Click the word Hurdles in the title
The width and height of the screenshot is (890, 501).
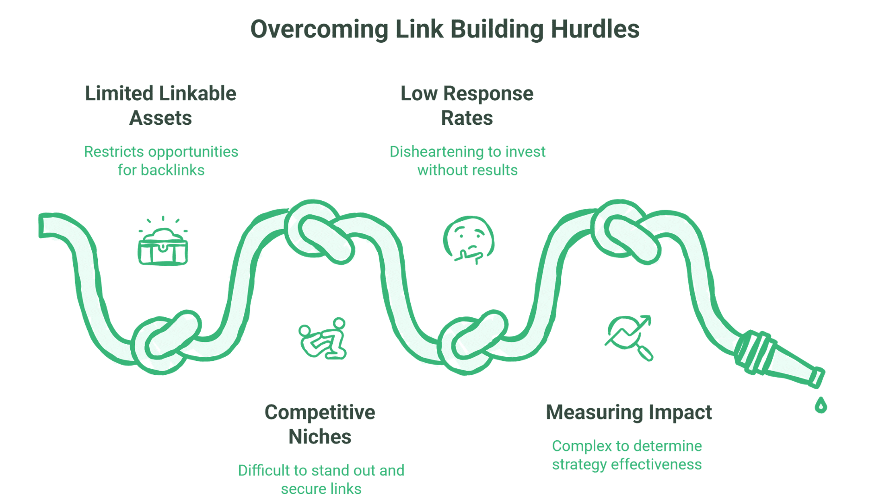click(595, 29)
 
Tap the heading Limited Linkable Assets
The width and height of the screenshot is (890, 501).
click(160, 106)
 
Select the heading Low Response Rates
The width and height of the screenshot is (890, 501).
click(467, 106)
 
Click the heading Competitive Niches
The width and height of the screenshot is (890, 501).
click(320, 424)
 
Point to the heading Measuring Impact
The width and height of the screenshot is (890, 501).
click(629, 412)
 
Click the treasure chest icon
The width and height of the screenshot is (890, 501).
click(163, 246)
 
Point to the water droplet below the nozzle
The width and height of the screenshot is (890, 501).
click(820, 405)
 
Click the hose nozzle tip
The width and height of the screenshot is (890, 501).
click(816, 376)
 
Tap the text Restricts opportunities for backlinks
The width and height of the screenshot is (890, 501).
click(161, 161)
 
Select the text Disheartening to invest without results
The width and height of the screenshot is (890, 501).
click(467, 161)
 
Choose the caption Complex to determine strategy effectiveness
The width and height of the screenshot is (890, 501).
click(627, 455)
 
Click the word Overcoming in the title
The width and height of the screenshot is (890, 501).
click(319, 29)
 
